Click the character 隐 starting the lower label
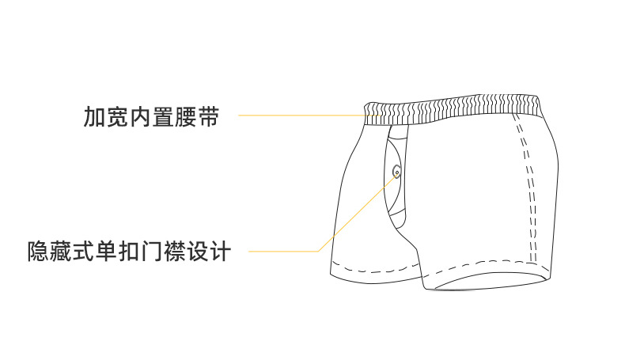coord(38,252)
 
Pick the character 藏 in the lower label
coord(61,252)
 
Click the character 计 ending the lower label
coord(220,252)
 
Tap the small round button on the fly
coord(396,169)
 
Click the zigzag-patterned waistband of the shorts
coord(459,108)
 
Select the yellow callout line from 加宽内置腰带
coord(301,116)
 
